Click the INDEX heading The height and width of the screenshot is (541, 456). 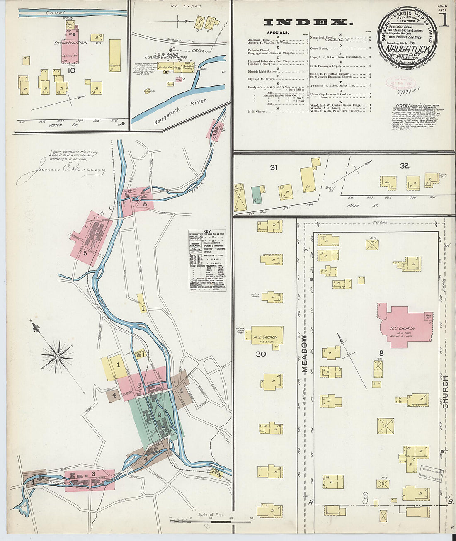[x=308, y=22]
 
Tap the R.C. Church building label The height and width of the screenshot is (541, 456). [x=402, y=328]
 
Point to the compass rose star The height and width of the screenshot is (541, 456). [x=58, y=356]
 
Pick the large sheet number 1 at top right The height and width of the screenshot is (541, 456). [x=444, y=19]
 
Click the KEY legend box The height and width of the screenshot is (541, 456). [x=207, y=260]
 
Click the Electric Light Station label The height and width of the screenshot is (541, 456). [x=70, y=43]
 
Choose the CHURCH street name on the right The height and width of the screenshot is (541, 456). [x=446, y=392]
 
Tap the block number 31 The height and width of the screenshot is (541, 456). [x=273, y=167]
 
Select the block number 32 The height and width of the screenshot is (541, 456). [x=404, y=166]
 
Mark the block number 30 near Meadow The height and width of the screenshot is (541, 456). [x=261, y=354]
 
